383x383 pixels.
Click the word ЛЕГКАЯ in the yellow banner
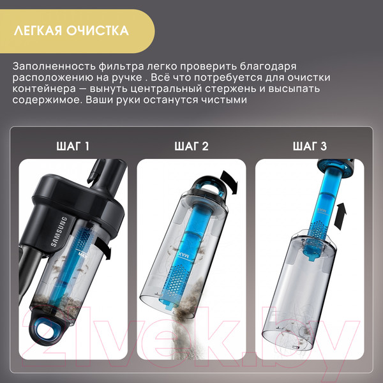point(38,31)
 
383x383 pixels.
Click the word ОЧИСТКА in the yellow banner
point(98,31)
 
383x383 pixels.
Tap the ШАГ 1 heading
point(73,146)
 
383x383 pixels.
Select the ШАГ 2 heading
point(191,146)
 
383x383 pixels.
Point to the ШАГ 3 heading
point(310,146)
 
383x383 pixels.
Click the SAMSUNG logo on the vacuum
point(58,231)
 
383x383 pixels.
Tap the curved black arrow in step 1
point(104,246)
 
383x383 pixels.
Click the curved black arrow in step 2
point(230,181)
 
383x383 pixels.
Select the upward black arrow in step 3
point(340,216)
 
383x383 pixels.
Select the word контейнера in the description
point(44,88)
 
